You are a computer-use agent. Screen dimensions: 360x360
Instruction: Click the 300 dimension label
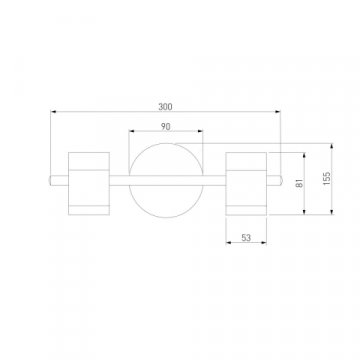coord(165,107)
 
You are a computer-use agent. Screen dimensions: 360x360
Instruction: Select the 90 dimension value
coord(166,126)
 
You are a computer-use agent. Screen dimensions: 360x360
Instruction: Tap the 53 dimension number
coord(246,238)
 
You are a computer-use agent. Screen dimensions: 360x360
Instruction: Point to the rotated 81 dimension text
coord(300,183)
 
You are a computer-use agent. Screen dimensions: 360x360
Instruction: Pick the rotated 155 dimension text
coord(327,178)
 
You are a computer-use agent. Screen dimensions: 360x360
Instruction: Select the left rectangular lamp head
coord(89,183)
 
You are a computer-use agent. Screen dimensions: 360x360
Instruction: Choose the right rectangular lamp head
coord(246,183)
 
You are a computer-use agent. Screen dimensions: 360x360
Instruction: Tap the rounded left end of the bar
coord(50,180)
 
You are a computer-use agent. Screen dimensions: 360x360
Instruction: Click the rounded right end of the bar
coord(282,180)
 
